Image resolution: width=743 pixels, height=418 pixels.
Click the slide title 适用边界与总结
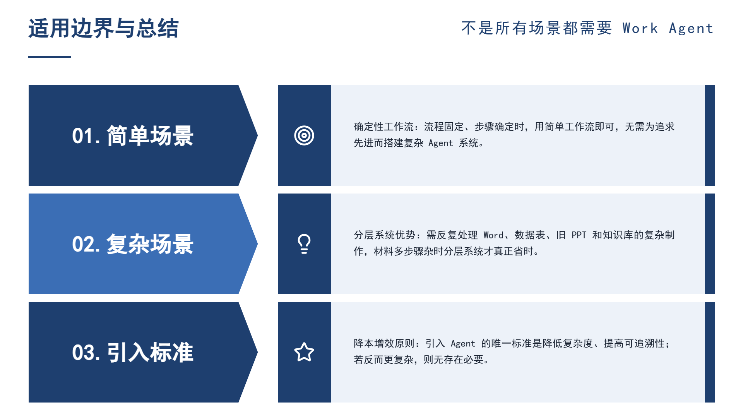pos(103,28)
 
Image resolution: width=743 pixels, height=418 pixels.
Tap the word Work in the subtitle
pos(640,28)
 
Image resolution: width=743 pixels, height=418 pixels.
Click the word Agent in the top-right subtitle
pos(691,29)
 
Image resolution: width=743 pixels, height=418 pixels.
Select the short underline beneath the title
pos(50,57)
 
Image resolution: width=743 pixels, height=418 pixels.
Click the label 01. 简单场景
pos(133,136)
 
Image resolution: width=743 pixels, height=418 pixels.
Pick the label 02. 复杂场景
pos(133,244)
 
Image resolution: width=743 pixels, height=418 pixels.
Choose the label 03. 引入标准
pos(133,353)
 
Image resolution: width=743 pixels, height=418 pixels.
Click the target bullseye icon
pos(304,135)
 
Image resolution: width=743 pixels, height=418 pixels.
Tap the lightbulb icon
pos(304,244)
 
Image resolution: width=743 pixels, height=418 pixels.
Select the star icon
pos(304,352)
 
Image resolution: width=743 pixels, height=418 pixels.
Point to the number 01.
pos(83,136)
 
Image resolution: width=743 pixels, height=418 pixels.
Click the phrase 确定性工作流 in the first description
pos(383,127)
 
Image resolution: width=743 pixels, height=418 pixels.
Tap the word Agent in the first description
pos(440,143)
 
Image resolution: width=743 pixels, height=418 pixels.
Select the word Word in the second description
pos(493,235)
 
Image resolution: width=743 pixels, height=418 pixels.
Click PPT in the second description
pos(579,235)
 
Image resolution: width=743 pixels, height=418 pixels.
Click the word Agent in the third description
pos(463,344)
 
